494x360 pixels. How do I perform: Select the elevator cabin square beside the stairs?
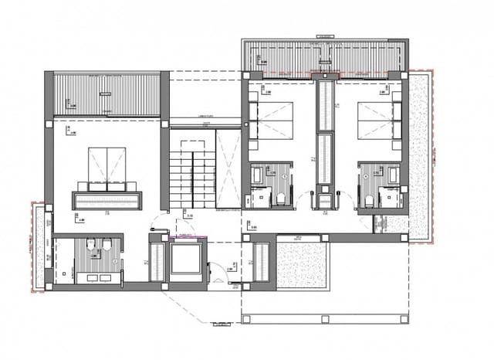(184, 260)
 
